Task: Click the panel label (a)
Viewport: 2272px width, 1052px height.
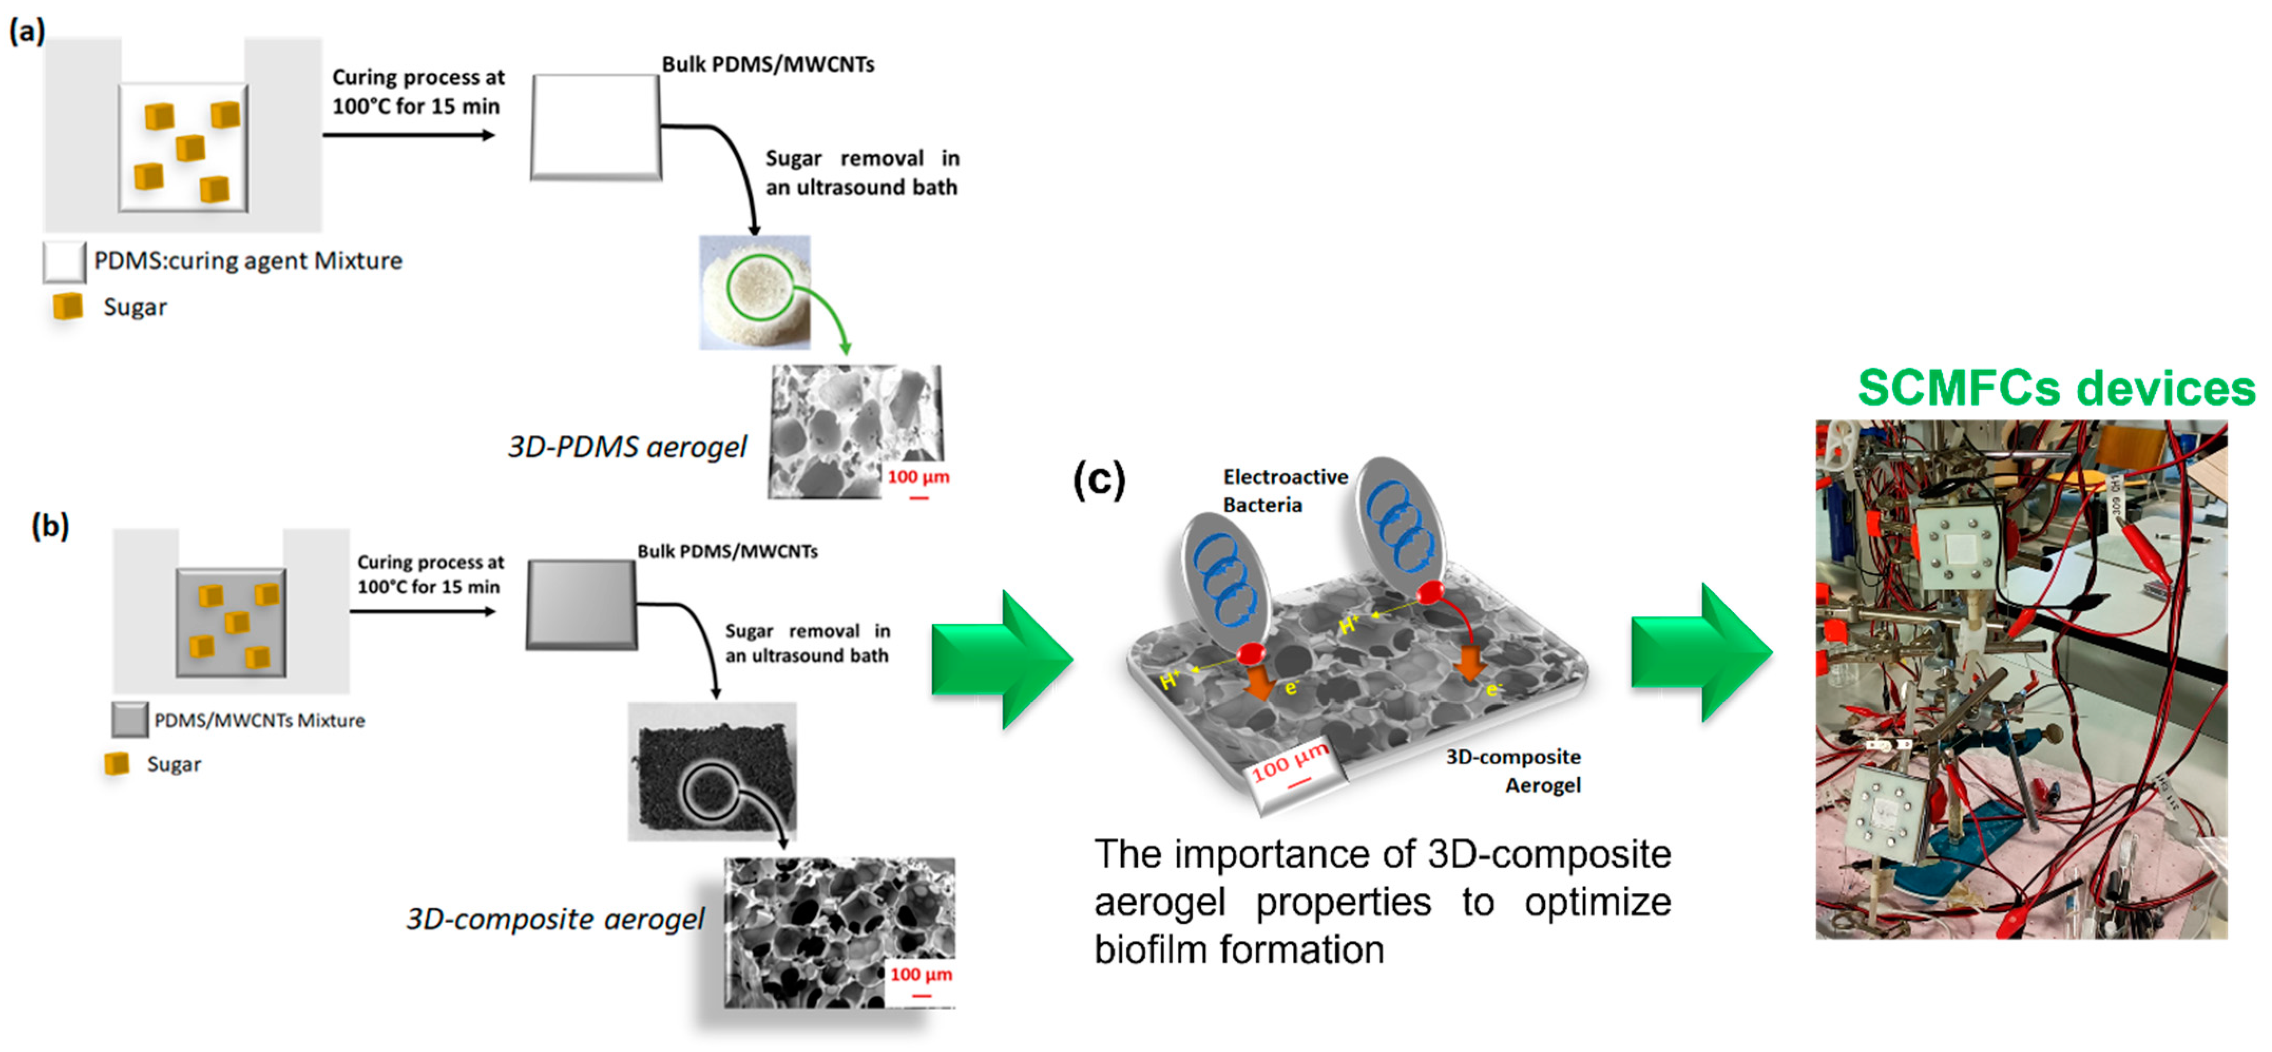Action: (x=26, y=32)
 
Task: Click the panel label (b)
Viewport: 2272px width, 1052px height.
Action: (x=50, y=526)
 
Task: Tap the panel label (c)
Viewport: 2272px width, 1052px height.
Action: (x=1099, y=480)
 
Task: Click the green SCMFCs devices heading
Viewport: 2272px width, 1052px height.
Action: (x=2056, y=388)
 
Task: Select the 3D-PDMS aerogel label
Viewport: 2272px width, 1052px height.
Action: (x=626, y=447)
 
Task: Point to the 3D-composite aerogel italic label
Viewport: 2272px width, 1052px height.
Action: (x=554, y=919)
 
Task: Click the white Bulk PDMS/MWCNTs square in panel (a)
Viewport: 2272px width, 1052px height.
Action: (x=596, y=127)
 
